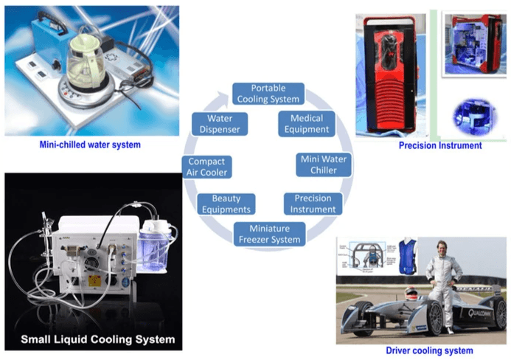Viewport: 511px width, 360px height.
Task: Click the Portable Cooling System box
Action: click(268, 94)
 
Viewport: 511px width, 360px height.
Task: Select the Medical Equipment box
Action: click(307, 124)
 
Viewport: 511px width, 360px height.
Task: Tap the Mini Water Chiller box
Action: click(323, 165)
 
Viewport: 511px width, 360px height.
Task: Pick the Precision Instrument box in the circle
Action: click(313, 204)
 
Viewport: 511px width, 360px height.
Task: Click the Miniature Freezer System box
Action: click(269, 234)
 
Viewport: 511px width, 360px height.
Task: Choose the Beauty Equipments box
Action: click(226, 204)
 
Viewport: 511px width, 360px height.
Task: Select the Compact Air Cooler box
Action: click(206, 167)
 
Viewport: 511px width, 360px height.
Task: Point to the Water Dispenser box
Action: click(220, 124)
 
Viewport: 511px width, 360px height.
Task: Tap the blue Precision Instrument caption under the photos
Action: click(440, 145)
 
